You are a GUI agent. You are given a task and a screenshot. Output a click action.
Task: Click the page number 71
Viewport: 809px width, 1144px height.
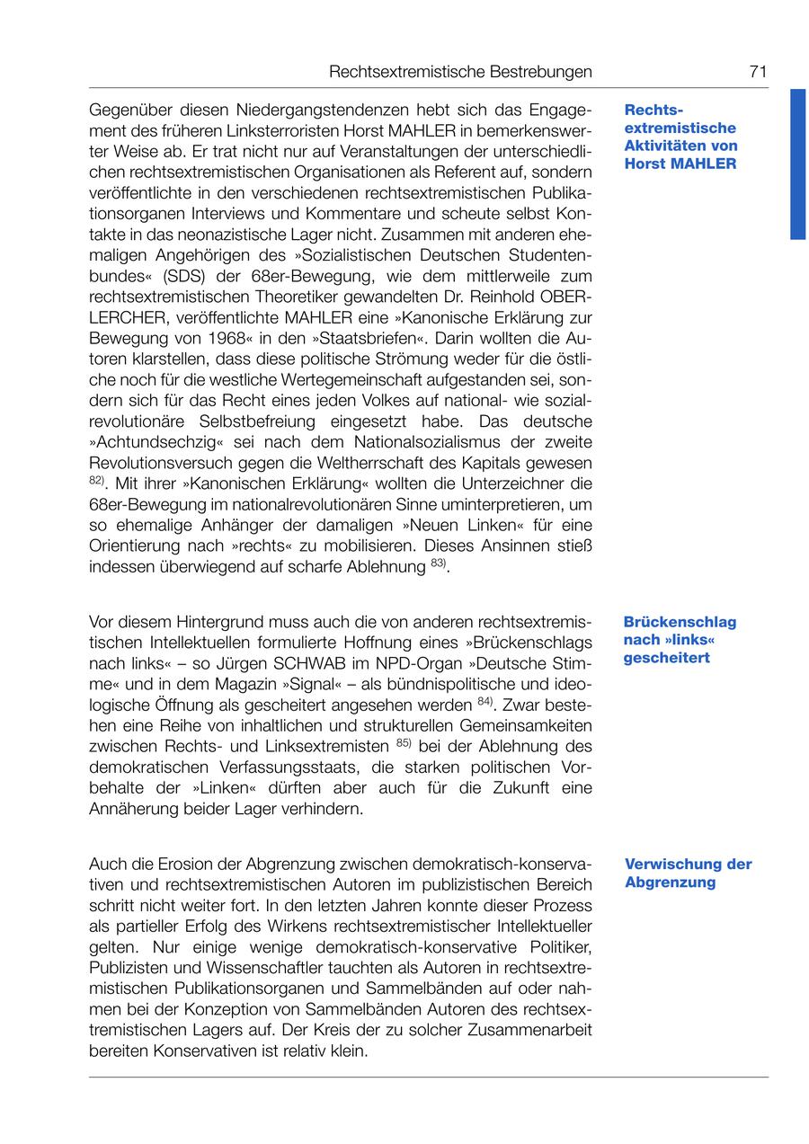coord(757,72)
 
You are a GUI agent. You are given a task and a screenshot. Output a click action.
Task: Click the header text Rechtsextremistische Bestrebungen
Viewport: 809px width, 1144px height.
coord(460,72)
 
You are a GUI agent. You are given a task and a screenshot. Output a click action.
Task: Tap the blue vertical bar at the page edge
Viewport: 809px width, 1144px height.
coord(798,164)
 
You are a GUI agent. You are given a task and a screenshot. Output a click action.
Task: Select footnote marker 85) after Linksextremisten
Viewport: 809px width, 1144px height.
coord(403,743)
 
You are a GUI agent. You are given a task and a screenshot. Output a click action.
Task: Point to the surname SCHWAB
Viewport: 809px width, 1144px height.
coord(280,663)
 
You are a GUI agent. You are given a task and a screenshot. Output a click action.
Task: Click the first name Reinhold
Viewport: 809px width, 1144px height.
coord(500,297)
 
